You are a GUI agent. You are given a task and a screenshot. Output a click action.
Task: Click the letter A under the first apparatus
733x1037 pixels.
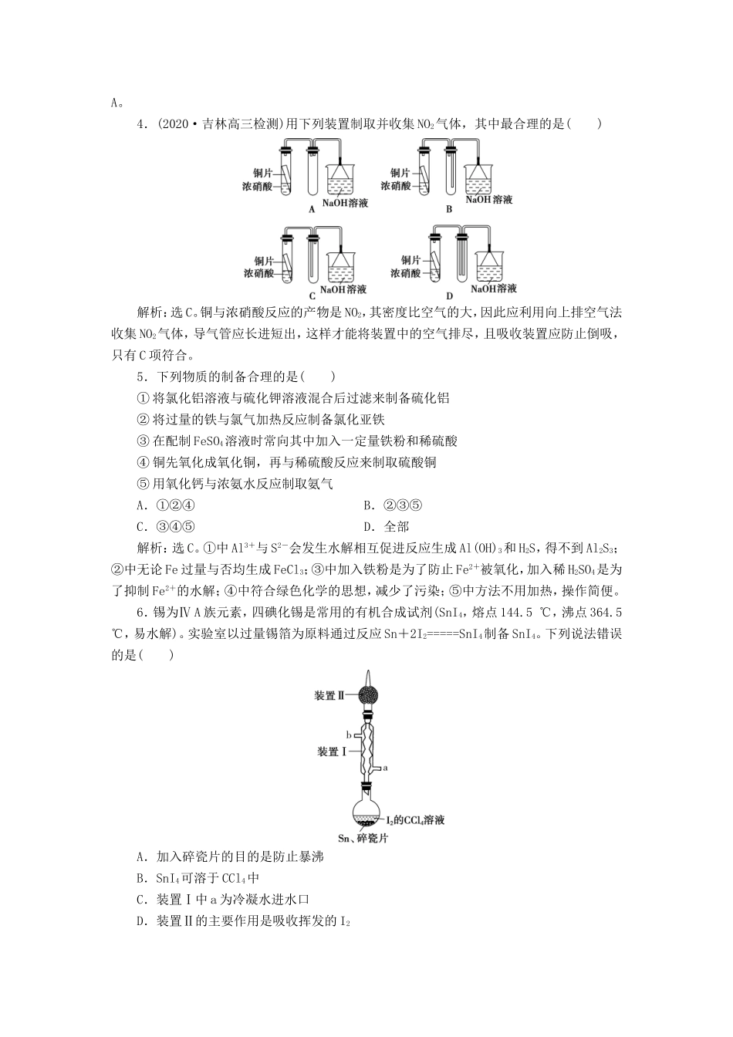point(312,209)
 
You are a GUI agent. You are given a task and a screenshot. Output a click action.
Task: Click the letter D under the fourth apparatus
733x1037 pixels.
point(450,296)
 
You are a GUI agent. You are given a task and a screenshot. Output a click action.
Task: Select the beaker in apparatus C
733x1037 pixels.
point(343,267)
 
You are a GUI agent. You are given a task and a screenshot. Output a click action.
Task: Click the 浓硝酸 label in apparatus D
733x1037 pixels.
point(405,273)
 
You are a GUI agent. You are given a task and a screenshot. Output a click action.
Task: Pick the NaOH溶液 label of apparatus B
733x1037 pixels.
point(488,200)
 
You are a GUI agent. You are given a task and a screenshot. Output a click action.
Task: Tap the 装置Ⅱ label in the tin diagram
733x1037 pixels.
point(330,695)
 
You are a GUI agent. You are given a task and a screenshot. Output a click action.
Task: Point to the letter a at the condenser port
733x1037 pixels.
point(385,768)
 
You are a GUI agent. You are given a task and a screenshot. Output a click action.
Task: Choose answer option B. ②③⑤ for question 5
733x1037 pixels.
point(393,505)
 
